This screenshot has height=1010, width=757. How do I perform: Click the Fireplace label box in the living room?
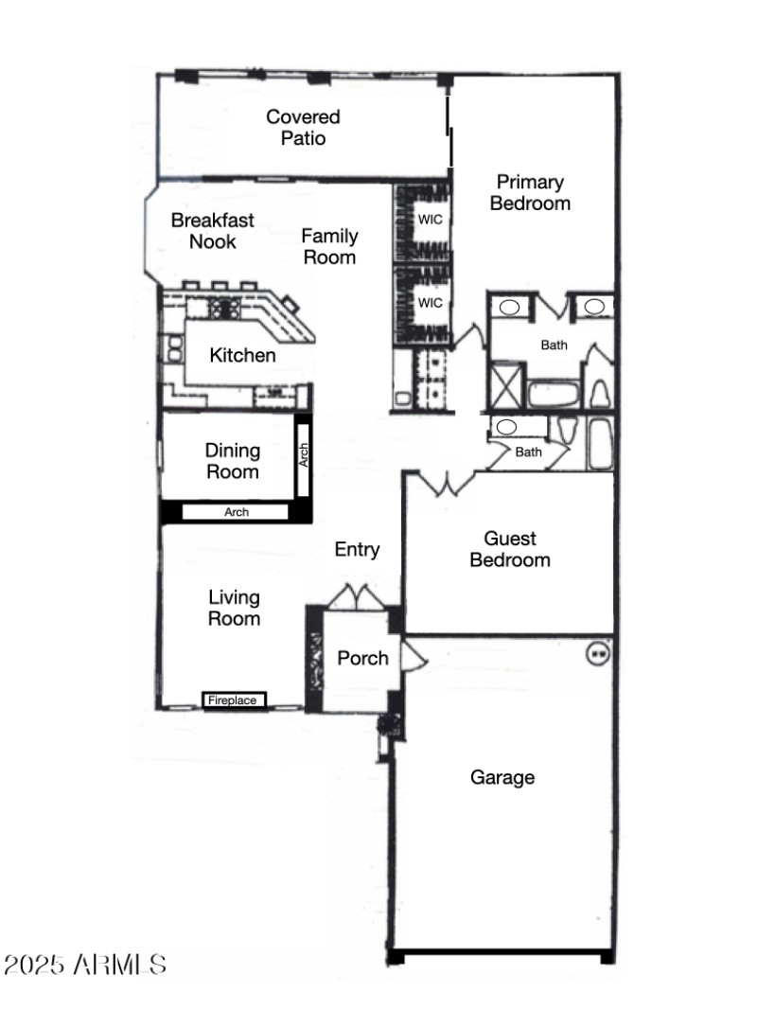234,700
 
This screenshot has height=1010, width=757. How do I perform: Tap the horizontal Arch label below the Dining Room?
237,512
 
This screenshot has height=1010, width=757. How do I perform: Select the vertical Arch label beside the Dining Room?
303,455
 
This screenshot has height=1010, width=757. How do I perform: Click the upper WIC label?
431,219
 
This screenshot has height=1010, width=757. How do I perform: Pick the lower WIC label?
431,303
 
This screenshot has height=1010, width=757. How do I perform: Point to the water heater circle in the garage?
597,652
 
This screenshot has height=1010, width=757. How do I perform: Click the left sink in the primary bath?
509,307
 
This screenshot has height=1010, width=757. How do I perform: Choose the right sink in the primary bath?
595,306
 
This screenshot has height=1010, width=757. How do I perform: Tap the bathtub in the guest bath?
600,443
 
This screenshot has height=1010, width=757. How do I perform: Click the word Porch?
363,658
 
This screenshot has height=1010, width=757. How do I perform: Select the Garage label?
502,777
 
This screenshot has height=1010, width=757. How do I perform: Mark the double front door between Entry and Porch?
356,599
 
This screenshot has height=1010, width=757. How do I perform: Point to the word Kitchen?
243,356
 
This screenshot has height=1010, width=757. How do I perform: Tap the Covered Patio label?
303,128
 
